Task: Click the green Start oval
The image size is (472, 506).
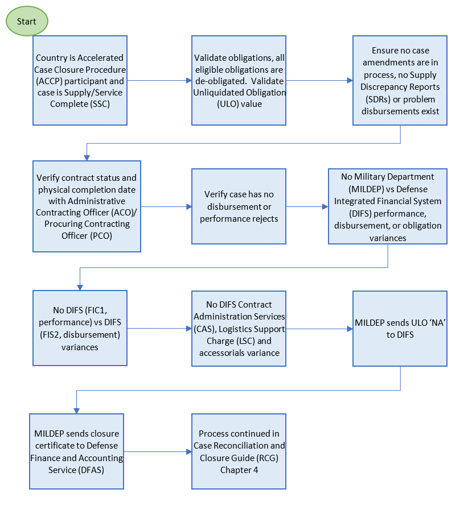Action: coord(27,22)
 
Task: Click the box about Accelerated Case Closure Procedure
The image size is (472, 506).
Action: coord(80,80)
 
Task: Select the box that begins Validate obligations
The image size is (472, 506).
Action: coord(239,80)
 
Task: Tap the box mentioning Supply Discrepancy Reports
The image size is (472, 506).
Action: coord(400,80)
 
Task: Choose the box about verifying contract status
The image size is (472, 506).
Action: coord(87,206)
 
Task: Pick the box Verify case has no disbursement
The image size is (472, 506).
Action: coord(239,206)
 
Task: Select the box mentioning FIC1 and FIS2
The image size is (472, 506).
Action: coord(80,328)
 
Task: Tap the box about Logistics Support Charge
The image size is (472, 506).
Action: coord(239,328)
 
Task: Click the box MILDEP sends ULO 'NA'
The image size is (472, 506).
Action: coord(400,328)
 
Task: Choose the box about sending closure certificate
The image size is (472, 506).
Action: coord(76,451)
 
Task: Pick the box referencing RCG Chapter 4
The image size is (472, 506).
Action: coord(239,451)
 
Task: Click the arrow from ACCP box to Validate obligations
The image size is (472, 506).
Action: coord(159,81)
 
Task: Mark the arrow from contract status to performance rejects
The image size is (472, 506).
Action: coord(166,206)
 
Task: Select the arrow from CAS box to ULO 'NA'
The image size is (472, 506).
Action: coord(319,329)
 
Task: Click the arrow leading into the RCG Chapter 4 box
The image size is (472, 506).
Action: coord(157,451)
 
